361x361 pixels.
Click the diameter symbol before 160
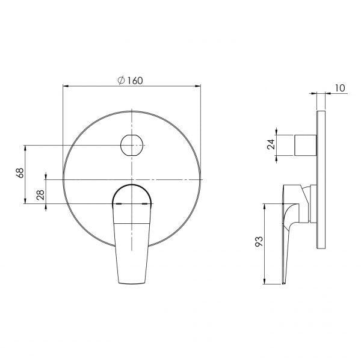pos(121,81)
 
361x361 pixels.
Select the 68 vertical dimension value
pos(19,173)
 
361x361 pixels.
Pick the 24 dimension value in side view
pos(271,144)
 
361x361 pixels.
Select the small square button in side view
pos(304,145)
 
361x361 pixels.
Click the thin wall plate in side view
pos(321,180)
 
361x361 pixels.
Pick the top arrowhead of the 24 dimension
pos(277,131)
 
